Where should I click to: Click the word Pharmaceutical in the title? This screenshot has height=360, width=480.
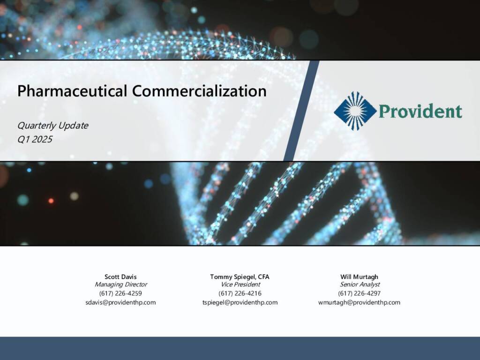coord(72,91)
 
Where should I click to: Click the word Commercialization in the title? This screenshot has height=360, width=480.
coord(199,91)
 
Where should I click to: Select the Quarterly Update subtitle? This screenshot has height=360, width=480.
coord(52,126)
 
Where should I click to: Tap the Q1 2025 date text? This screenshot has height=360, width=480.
coord(35,139)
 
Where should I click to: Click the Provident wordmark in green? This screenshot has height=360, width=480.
coord(420,111)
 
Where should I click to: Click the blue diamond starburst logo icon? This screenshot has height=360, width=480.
coord(355,111)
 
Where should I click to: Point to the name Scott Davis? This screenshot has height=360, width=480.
coord(120,277)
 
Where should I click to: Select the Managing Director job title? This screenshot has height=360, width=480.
coord(120,285)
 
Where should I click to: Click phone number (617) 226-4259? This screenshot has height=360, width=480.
coord(120,293)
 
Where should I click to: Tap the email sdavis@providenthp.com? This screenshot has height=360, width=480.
coord(120,302)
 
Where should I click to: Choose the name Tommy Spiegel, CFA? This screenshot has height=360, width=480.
coord(240,277)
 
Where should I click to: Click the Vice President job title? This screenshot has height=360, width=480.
coord(240,285)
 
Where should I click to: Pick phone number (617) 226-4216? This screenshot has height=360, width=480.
coord(240,293)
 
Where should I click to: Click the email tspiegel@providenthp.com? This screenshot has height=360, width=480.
coord(240,302)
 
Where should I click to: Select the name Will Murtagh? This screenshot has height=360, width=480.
coord(359,277)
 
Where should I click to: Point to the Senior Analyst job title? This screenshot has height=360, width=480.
coord(360,285)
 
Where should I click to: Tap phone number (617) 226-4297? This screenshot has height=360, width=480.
coord(360,293)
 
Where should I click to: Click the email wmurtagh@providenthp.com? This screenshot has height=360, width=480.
coord(359,302)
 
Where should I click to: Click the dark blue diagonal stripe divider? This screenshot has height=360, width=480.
coord(301,111)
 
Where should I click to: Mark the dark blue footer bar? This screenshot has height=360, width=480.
coord(240,348)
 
